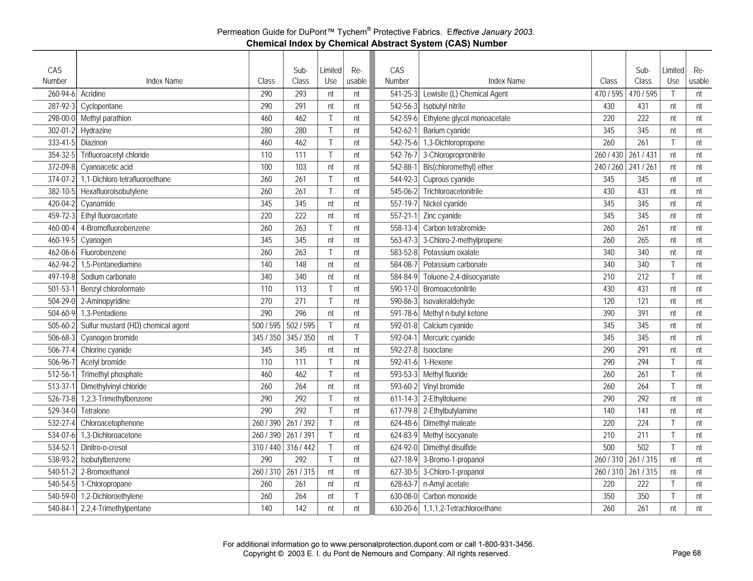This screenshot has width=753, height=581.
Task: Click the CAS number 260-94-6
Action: pos(61,94)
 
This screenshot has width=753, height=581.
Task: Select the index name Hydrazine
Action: pos(96,131)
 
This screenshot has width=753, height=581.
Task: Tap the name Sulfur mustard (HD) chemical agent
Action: pos(135,326)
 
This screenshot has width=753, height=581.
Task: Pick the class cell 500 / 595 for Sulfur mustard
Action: pos(266,326)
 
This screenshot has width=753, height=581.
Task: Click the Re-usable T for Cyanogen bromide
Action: pos(356,338)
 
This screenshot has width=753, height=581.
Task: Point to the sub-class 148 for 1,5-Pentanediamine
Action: pos(300,265)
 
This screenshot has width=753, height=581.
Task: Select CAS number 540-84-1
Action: pos(61,509)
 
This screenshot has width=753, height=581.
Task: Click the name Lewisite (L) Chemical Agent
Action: pos(465,94)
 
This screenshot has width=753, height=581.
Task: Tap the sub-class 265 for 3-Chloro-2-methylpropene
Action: pos(643,241)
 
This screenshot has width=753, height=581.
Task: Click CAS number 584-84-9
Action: pos(404,277)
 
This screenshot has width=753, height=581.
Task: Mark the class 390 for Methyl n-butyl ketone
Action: pos(609,314)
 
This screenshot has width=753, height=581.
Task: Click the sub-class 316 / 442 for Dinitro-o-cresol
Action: pos(300,448)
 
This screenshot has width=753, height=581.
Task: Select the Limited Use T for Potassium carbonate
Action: pos(673,265)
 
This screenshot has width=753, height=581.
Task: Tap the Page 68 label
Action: pos(686,553)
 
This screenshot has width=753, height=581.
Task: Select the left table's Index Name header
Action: pos(164,81)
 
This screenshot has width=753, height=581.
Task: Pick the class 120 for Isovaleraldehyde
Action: pos(609,302)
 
